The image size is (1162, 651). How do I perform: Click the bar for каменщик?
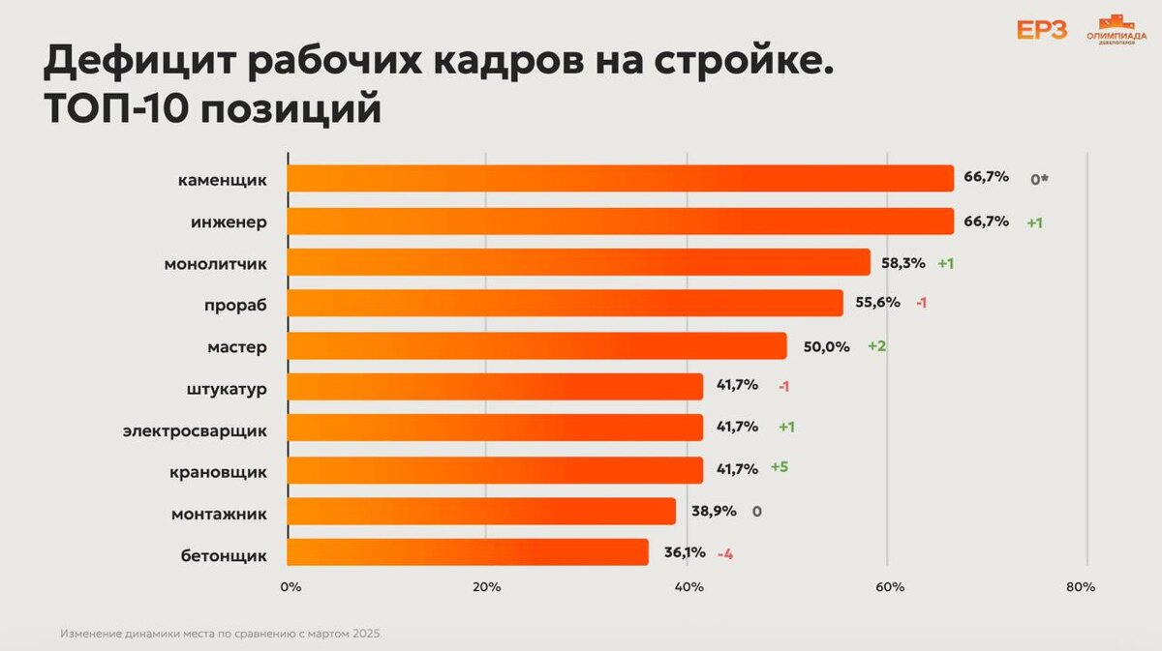pos(620,179)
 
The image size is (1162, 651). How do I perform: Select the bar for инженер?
pos(620,221)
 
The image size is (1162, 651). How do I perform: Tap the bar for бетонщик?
pos(468,552)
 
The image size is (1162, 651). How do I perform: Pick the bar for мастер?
pos(536,345)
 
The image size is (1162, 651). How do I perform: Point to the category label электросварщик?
pos(195,429)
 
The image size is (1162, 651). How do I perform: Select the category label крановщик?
pos(219,471)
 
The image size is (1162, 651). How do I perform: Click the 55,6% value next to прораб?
pos(877,303)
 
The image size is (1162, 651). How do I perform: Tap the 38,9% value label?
pos(712,511)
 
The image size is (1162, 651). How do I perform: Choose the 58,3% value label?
pos(903,262)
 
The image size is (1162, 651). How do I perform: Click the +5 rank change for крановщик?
pos(780,467)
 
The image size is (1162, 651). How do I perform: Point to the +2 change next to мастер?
pos(876,346)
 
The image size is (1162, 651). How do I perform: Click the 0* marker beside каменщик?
pos(1040,179)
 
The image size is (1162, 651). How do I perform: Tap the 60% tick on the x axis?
pos(890,587)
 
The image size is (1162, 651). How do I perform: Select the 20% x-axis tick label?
pos(486,587)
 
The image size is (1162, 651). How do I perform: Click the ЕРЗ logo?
pos(1042,30)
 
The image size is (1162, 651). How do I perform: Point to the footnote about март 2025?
pos(221,635)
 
